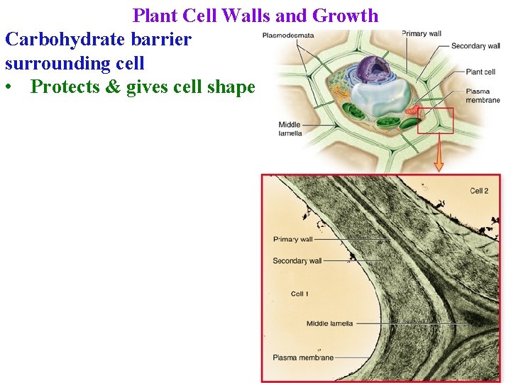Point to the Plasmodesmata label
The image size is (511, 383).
coord(288,35)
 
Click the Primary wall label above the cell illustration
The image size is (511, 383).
coord(422,33)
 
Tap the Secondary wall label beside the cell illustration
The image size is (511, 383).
coord(476,46)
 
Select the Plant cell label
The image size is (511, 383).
coord(480,72)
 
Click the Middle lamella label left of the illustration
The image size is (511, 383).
coord(290,128)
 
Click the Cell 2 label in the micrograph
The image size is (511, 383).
coord(479,191)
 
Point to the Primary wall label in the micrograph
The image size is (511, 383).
coord(293,239)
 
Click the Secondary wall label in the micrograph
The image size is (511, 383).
coord(297,261)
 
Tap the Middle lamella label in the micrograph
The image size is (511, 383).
coord(329,323)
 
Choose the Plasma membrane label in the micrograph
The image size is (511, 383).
coord(303,357)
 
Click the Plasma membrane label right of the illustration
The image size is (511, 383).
coord(483,96)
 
